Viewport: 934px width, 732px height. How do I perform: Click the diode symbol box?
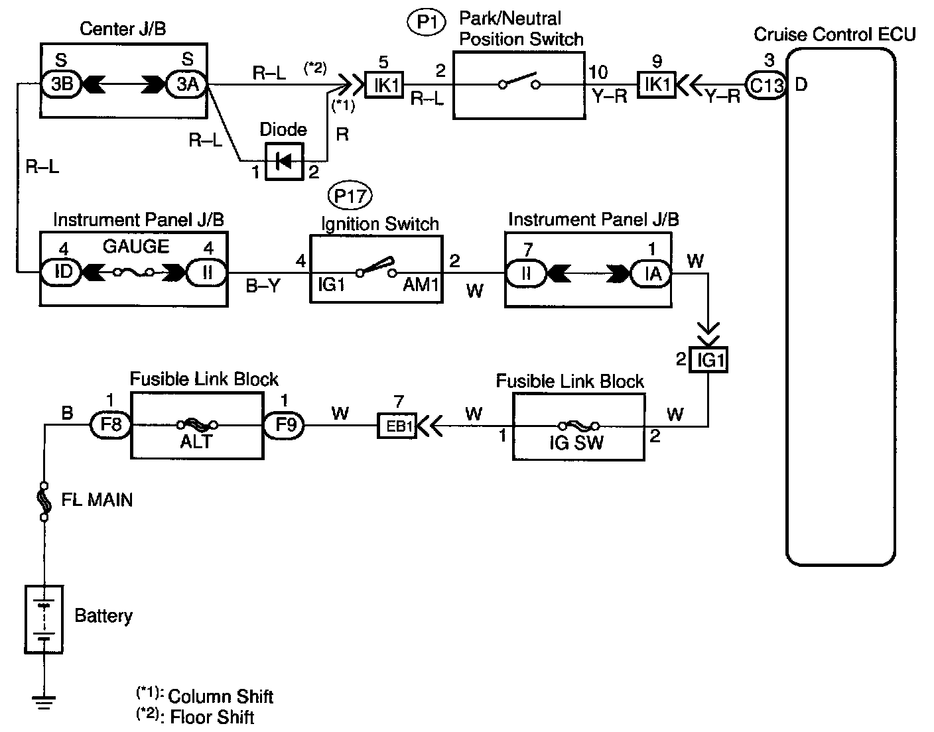284,161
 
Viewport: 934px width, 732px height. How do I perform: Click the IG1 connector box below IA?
708,360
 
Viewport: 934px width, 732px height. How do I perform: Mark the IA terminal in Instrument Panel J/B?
651,273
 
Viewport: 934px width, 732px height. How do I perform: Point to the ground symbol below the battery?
44,701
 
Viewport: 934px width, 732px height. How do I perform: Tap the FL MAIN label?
97,499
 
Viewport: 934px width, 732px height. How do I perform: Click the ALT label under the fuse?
196,442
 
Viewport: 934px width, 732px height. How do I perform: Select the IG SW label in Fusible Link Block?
576,443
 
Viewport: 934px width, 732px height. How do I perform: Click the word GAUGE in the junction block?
136,247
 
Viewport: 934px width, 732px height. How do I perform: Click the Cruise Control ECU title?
834,34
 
